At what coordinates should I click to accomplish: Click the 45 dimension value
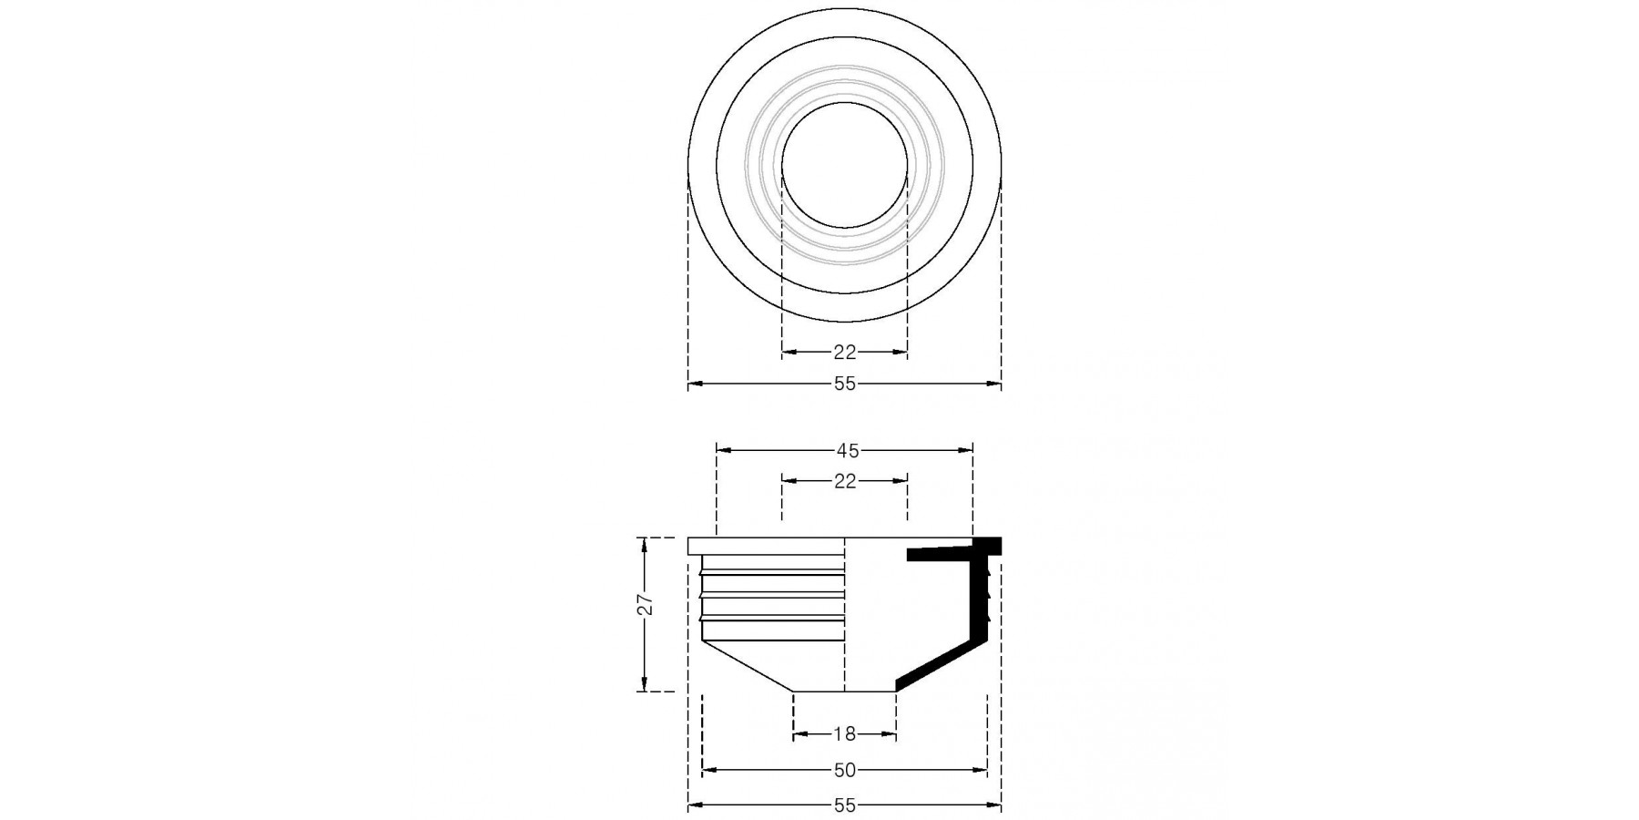[x=847, y=450]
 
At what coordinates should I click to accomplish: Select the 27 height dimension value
[x=646, y=606]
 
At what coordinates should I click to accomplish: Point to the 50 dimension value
[x=845, y=770]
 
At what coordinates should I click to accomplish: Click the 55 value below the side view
[x=845, y=805]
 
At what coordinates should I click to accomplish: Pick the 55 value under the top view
[x=845, y=384]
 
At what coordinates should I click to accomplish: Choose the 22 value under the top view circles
[x=845, y=353]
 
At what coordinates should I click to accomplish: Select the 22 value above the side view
[x=845, y=481]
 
